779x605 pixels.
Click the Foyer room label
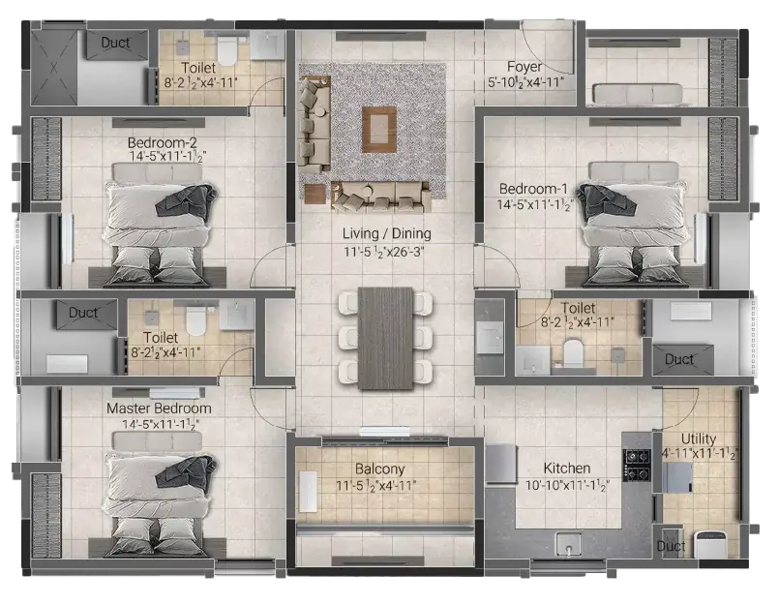(524, 66)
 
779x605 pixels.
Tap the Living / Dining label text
(386, 233)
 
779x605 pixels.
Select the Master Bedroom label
(159, 408)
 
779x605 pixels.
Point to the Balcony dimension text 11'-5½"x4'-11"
(376, 486)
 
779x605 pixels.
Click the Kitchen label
(567, 469)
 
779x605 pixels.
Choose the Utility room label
(699, 439)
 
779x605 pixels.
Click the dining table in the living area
(385, 338)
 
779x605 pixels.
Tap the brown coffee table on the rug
(379, 130)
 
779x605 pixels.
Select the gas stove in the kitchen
(638, 466)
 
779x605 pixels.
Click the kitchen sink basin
(569, 544)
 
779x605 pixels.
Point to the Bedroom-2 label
(163, 142)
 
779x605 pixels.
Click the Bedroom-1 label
(533, 189)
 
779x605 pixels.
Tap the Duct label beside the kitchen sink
(671, 546)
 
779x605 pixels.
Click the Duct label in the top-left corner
(115, 43)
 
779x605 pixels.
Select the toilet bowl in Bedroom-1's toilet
(573, 352)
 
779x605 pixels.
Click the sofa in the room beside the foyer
(638, 95)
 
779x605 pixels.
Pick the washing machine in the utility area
(711, 545)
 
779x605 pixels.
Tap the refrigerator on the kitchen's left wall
(501, 464)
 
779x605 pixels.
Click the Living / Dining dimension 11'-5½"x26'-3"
(383, 252)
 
